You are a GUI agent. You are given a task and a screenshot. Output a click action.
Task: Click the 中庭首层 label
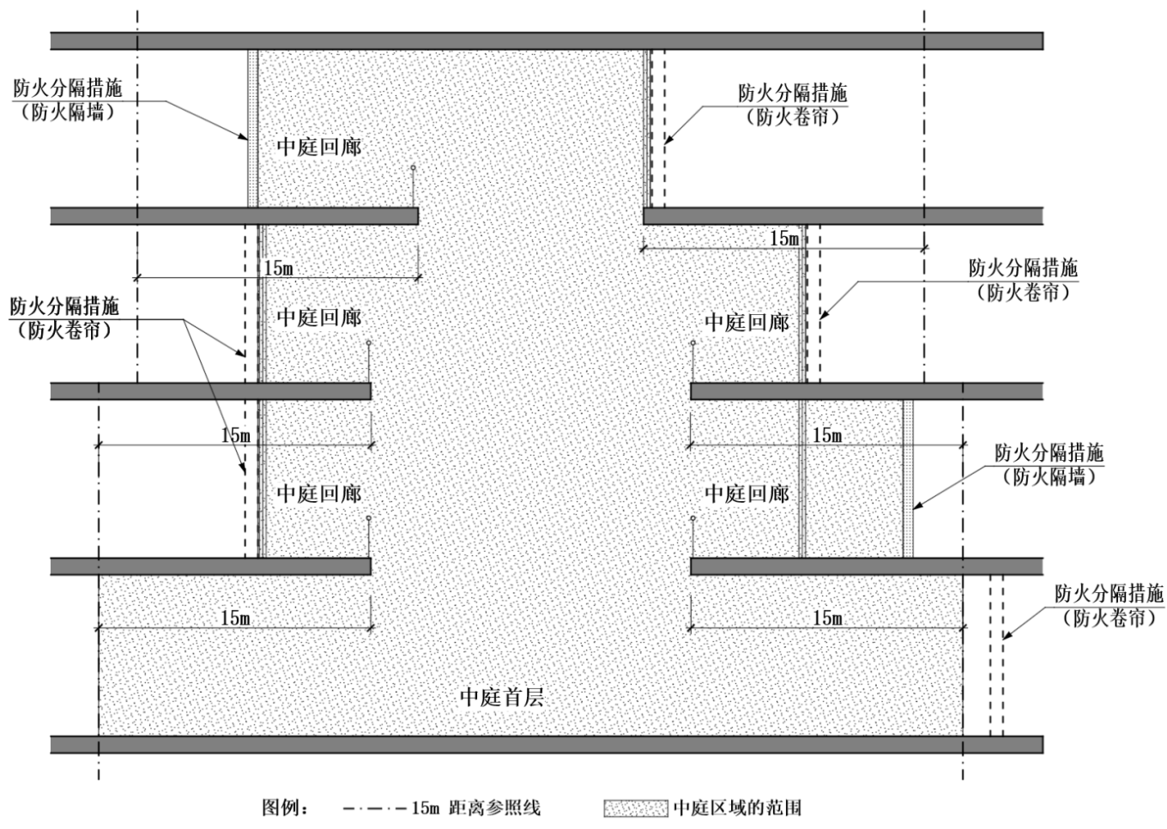click(x=502, y=696)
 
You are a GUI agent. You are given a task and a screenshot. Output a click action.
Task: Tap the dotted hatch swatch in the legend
click(x=635, y=808)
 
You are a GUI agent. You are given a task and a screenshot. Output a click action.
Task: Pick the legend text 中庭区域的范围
click(x=737, y=808)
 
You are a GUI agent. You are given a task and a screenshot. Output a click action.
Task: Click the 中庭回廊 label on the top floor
click(x=318, y=147)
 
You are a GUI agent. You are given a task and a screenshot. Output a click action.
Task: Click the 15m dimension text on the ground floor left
click(x=235, y=617)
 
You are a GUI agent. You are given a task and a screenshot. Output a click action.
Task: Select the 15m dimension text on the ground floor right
click(x=827, y=617)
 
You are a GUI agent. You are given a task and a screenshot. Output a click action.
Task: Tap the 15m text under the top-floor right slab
click(x=784, y=239)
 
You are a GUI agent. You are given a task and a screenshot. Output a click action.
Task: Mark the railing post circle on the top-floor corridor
click(x=413, y=168)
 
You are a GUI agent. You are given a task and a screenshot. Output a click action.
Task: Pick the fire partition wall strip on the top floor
click(x=253, y=129)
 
